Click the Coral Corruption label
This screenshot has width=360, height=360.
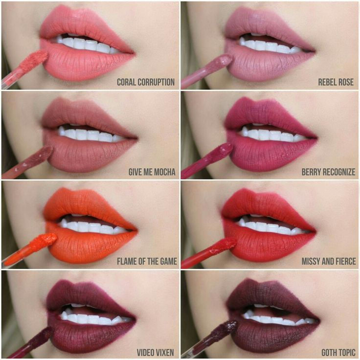(145, 82)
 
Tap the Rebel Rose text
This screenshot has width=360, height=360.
(336, 82)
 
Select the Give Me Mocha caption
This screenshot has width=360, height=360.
(152, 172)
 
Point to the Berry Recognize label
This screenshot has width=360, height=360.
(328, 172)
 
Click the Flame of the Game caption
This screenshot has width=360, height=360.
(147, 261)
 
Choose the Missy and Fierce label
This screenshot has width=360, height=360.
(329, 261)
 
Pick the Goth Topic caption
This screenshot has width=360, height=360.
(338, 352)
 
